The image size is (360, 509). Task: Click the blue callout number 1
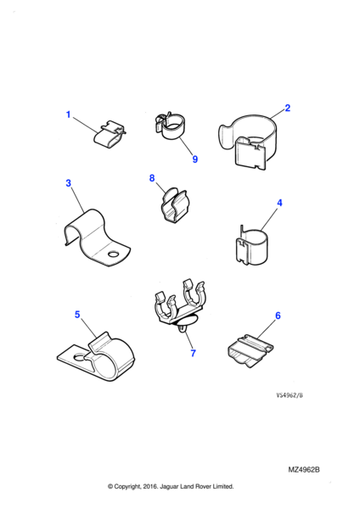tap(68, 115)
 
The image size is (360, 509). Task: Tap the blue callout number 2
tap(287, 108)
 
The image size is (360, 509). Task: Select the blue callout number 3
tap(68, 183)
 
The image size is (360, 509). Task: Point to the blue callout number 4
tap(279, 203)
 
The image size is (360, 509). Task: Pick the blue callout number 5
tap(77, 315)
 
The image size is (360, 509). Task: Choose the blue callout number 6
tap(278, 316)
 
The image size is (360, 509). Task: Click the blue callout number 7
tap(194, 353)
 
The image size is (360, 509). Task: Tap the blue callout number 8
tap(152, 178)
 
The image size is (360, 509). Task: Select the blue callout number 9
tap(195, 159)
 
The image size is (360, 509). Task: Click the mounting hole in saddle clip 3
tap(114, 254)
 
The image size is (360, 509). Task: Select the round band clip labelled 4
tap(252, 246)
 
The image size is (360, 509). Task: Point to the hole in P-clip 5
tap(78, 357)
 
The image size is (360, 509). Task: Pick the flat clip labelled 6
tap(250, 350)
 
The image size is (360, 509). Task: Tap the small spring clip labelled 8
tap(175, 204)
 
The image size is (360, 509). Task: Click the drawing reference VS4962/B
tap(290, 395)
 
